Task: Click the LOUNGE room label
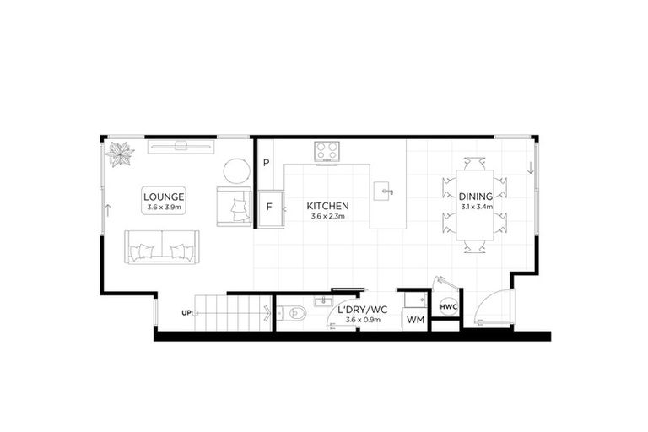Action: pos(164,196)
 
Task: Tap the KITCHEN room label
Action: pos(327,206)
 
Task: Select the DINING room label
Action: pos(476,196)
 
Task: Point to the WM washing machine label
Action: pos(415,321)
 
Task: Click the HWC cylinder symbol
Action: pos(448,306)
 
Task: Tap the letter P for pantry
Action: pos(266,163)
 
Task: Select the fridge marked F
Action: pos(270,206)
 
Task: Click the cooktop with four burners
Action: pos(327,152)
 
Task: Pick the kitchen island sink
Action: pos(385,192)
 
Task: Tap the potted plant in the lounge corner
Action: pos(121,154)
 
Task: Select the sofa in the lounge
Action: pos(162,246)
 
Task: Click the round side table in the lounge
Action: pos(236,171)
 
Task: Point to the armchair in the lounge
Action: pos(234,206)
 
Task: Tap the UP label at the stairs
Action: pos(186,313)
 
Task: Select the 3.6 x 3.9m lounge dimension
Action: pos(164,207)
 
